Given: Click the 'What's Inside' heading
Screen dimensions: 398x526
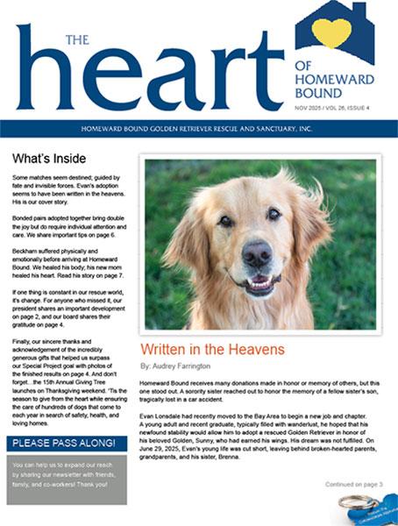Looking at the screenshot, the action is (x=49, y=159).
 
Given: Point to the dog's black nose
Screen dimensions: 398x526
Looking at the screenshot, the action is (x=256, y=255).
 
